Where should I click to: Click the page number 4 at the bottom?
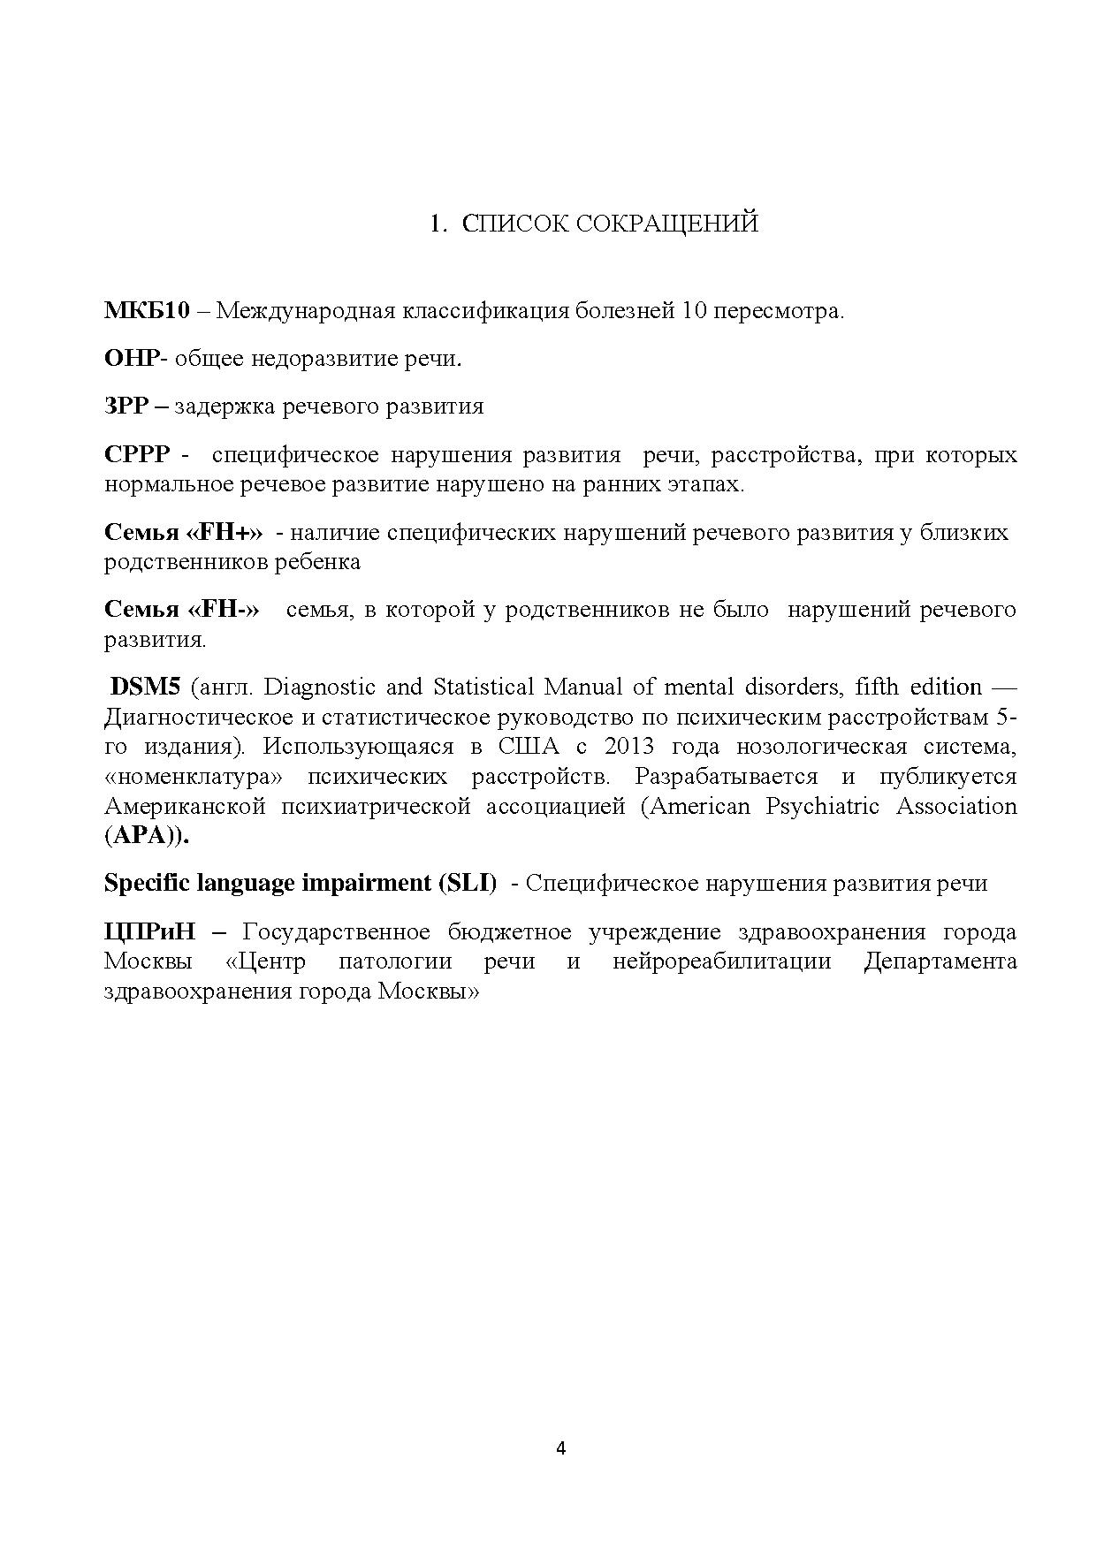(560, 1447)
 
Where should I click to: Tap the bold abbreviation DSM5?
(145, 687)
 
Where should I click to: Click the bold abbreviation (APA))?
(147, 836)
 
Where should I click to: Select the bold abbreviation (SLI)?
(467, 883)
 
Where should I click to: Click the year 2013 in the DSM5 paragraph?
(629, 746)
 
